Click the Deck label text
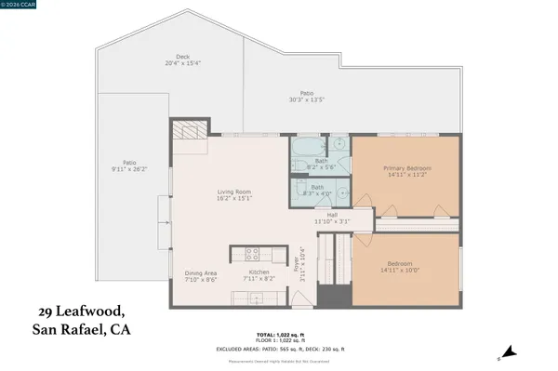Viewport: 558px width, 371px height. point(169,56)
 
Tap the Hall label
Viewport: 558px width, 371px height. point(330,215)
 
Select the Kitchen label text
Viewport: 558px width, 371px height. point(259,272)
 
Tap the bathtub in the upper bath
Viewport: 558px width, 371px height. point(308,149)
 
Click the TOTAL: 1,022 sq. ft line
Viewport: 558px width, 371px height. point(279,334)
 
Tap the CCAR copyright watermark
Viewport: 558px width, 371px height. point(20,5)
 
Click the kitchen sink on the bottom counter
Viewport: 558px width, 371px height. point(245,298)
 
